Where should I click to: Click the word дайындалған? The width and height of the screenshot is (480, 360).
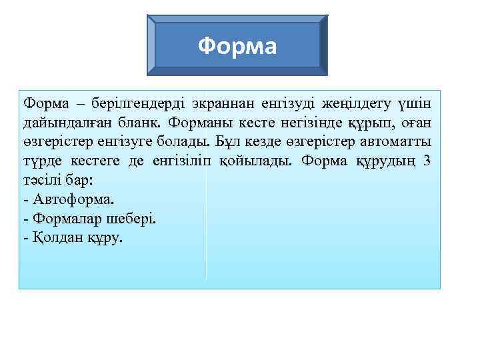[x=61, y=123]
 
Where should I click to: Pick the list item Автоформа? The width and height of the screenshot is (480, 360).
[x=71, y=199]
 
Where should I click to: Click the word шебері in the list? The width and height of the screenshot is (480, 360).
[x=132, y=218]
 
